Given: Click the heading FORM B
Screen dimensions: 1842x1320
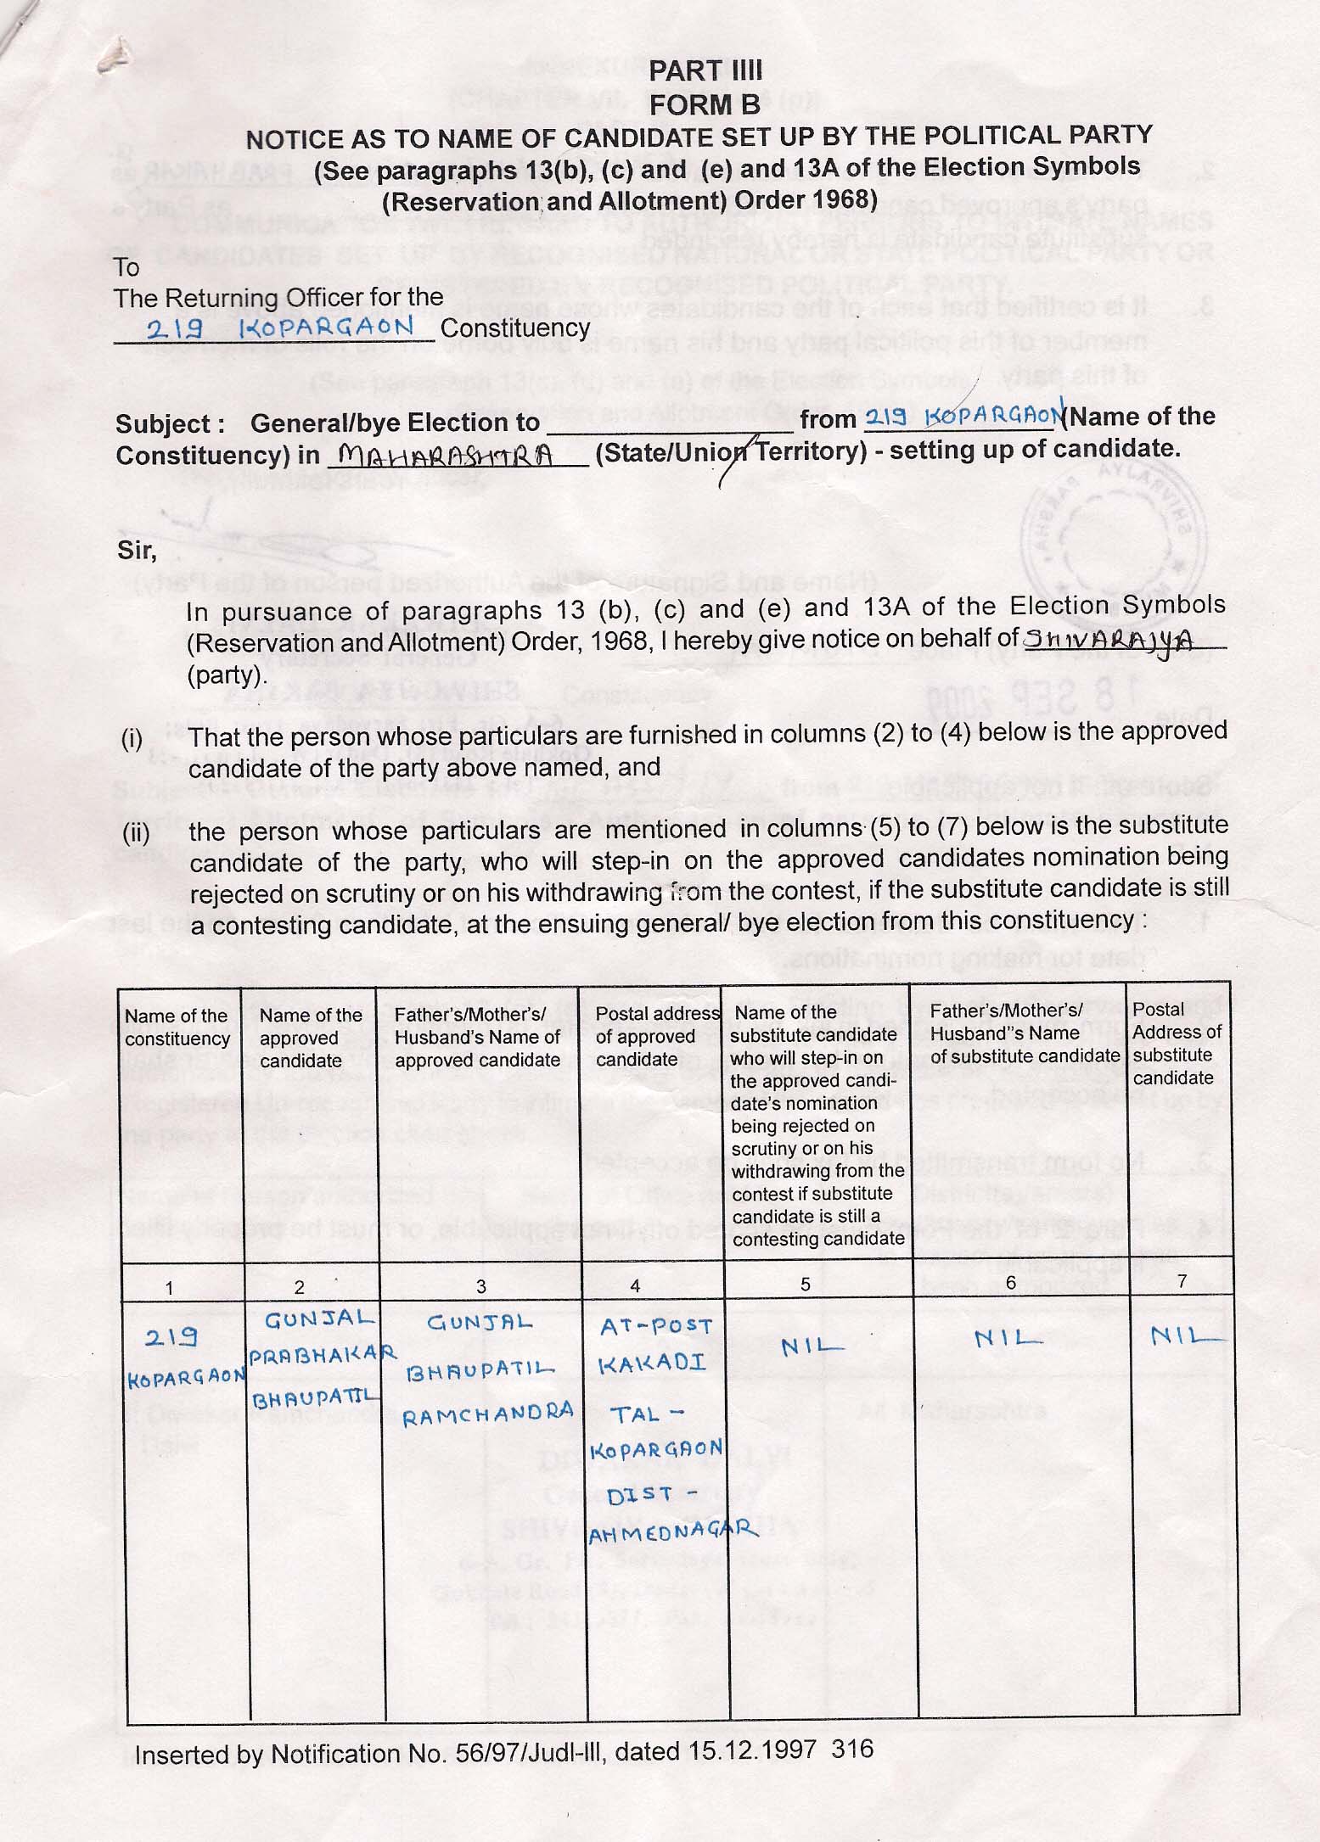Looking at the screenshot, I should click(x=704, y=104).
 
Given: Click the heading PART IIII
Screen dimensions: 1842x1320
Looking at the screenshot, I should click(x=705, y=70).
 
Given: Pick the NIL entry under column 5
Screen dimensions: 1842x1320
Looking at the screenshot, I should click(x=813, y=1346).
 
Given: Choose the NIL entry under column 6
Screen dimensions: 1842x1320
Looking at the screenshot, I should click(x=1008, y=1339).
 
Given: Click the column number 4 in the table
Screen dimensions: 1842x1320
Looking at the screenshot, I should click(x=634, y=1286).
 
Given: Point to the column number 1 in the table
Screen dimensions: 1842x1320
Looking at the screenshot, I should click(x=170, y=1288).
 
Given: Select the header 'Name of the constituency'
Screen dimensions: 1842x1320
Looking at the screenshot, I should click(x=177, y=1027).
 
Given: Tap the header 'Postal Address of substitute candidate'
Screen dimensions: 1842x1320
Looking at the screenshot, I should click(x=1177, y=1044).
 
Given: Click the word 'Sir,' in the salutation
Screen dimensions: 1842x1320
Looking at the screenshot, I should click(x=137, y=551).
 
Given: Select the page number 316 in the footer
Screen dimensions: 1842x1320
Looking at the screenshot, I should click(x=852, y=1749).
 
